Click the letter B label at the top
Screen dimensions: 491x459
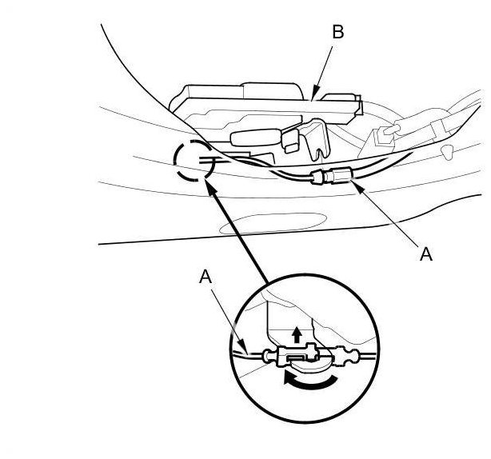tap(337, 33)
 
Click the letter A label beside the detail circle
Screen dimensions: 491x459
tap(206, 277)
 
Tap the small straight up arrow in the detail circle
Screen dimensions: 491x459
tap(297, 333)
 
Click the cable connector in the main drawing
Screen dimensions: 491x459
tap(331, 176)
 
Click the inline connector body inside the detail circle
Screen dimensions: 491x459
tap(295, 356)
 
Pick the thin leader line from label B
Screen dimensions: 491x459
tap(323, 68)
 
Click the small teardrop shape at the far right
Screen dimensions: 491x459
tap(449, 150)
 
